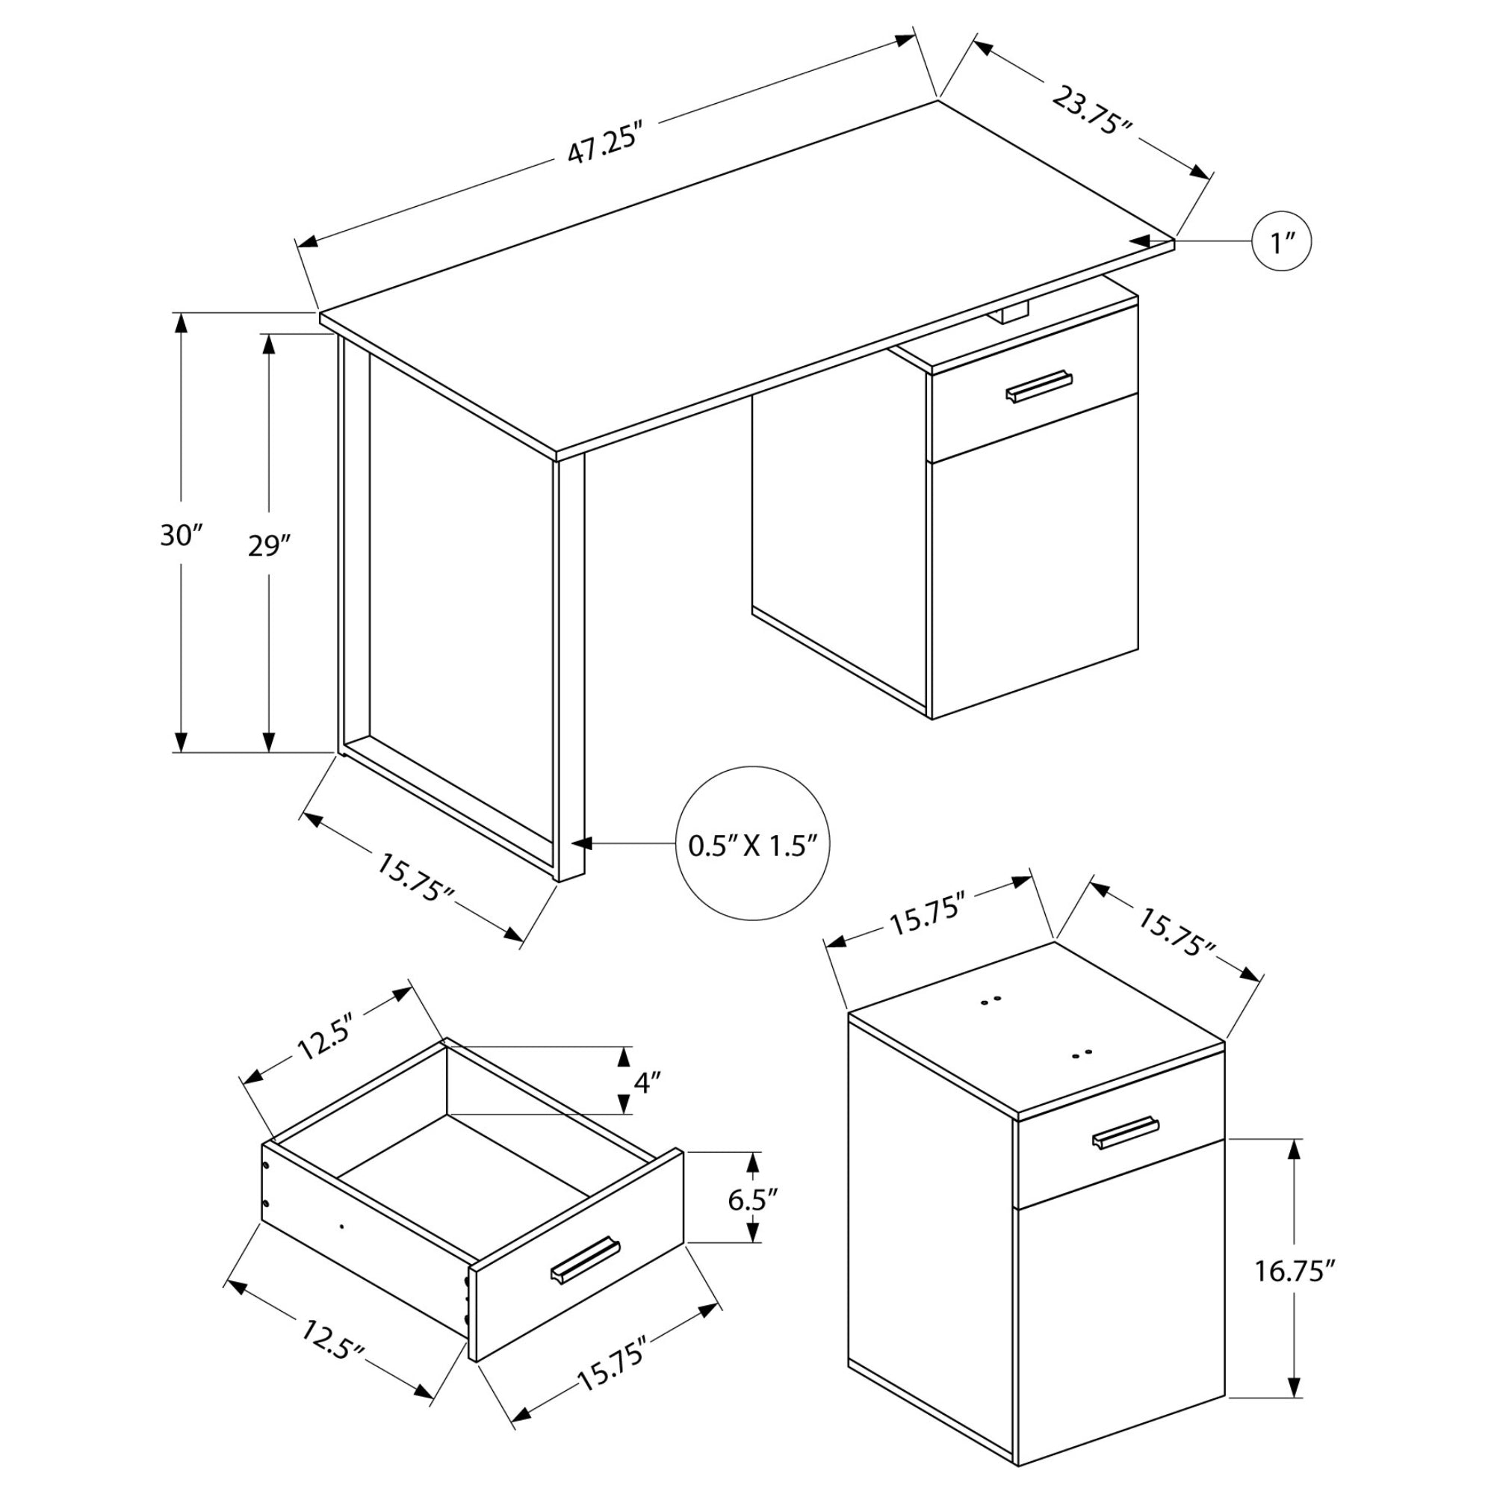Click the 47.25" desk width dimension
(606, 142)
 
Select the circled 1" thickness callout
(1282, 242)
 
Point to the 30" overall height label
(181, 535)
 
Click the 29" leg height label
(268, 547)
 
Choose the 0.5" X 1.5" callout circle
(752, 843)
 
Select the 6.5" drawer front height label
(752, 1200)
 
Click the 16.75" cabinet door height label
(1295, 1271)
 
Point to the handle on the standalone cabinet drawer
(1126, 1133)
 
